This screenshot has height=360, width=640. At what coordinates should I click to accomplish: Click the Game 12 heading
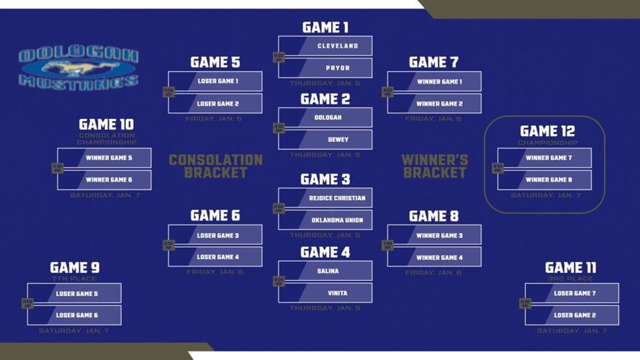click(547, 131)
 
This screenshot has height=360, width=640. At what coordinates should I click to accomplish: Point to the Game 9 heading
click(75, 268)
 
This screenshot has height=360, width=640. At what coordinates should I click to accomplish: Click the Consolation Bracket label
click(216, 166)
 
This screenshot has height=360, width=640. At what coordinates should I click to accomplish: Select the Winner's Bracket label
click(435, 166)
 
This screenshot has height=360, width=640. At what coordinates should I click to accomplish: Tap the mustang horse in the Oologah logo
click(79, 68)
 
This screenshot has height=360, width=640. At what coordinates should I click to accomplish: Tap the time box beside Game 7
click(387, 92)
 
